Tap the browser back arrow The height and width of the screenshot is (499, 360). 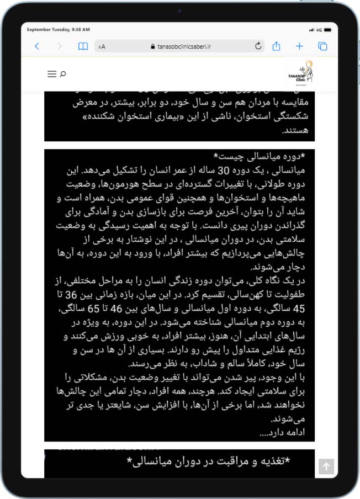point(37,46)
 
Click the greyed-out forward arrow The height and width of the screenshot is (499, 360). point(60,46)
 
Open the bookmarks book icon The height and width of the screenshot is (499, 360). point(83,46)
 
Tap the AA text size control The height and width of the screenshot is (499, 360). point(102,47)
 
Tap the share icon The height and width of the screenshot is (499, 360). point(277,46)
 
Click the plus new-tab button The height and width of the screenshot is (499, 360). point(299,46)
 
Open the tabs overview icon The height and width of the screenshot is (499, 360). point(322,46)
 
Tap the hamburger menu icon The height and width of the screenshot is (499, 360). point(52,73)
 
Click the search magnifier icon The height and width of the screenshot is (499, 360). point(63,73)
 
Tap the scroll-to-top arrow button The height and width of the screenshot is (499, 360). point(326,466)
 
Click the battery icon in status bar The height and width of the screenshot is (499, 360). point(328,29)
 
